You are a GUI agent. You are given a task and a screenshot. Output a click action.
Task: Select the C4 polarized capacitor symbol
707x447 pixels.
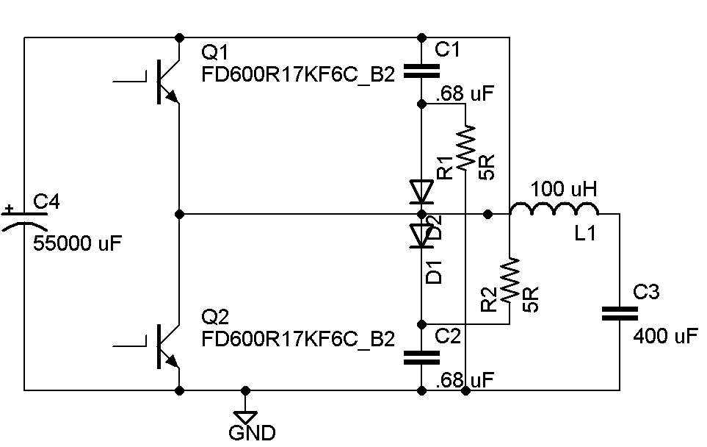point(24,218)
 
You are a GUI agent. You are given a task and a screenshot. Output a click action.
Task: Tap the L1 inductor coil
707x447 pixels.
point(554,210)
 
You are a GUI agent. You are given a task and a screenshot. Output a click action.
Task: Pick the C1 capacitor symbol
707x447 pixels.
point(421,71)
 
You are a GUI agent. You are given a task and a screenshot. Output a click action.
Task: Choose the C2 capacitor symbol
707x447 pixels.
point(421,357)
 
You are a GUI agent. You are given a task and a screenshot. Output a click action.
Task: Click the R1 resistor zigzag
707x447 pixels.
point(465,147)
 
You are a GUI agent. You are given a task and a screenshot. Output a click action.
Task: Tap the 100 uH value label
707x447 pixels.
point(564,188)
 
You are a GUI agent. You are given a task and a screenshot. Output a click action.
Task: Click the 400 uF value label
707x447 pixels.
point(665,337)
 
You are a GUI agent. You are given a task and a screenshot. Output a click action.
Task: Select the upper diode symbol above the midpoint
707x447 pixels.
point(421,193)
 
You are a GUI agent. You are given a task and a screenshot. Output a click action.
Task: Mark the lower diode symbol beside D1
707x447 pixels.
point(421,236)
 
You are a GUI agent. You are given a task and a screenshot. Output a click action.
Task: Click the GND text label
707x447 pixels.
point(252,433)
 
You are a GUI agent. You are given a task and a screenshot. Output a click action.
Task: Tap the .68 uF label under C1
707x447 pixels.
point(465,94)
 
